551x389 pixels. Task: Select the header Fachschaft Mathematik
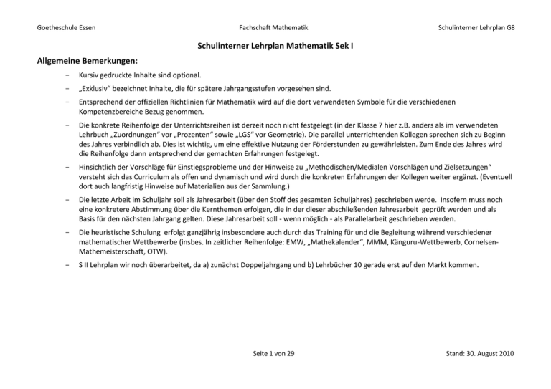pyautogui.click(x=275, y=27)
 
